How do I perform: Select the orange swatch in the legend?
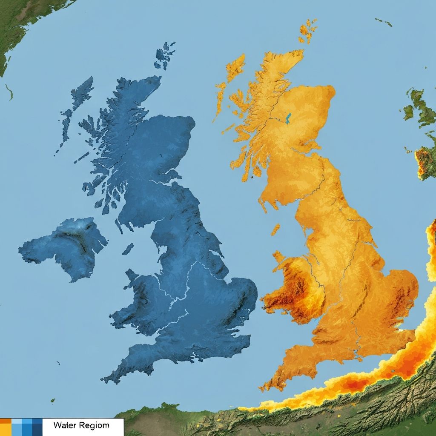[x=6, y=427]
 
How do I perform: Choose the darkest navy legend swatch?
[x=37, y=427]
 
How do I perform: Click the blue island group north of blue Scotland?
[x=164, y=56]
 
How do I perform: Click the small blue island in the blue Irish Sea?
[x=128, y=249]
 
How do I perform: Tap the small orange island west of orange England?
[x=276, y=229]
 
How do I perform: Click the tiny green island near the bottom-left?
[x=53, y=400]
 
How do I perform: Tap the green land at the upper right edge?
[x=419, y=106]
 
